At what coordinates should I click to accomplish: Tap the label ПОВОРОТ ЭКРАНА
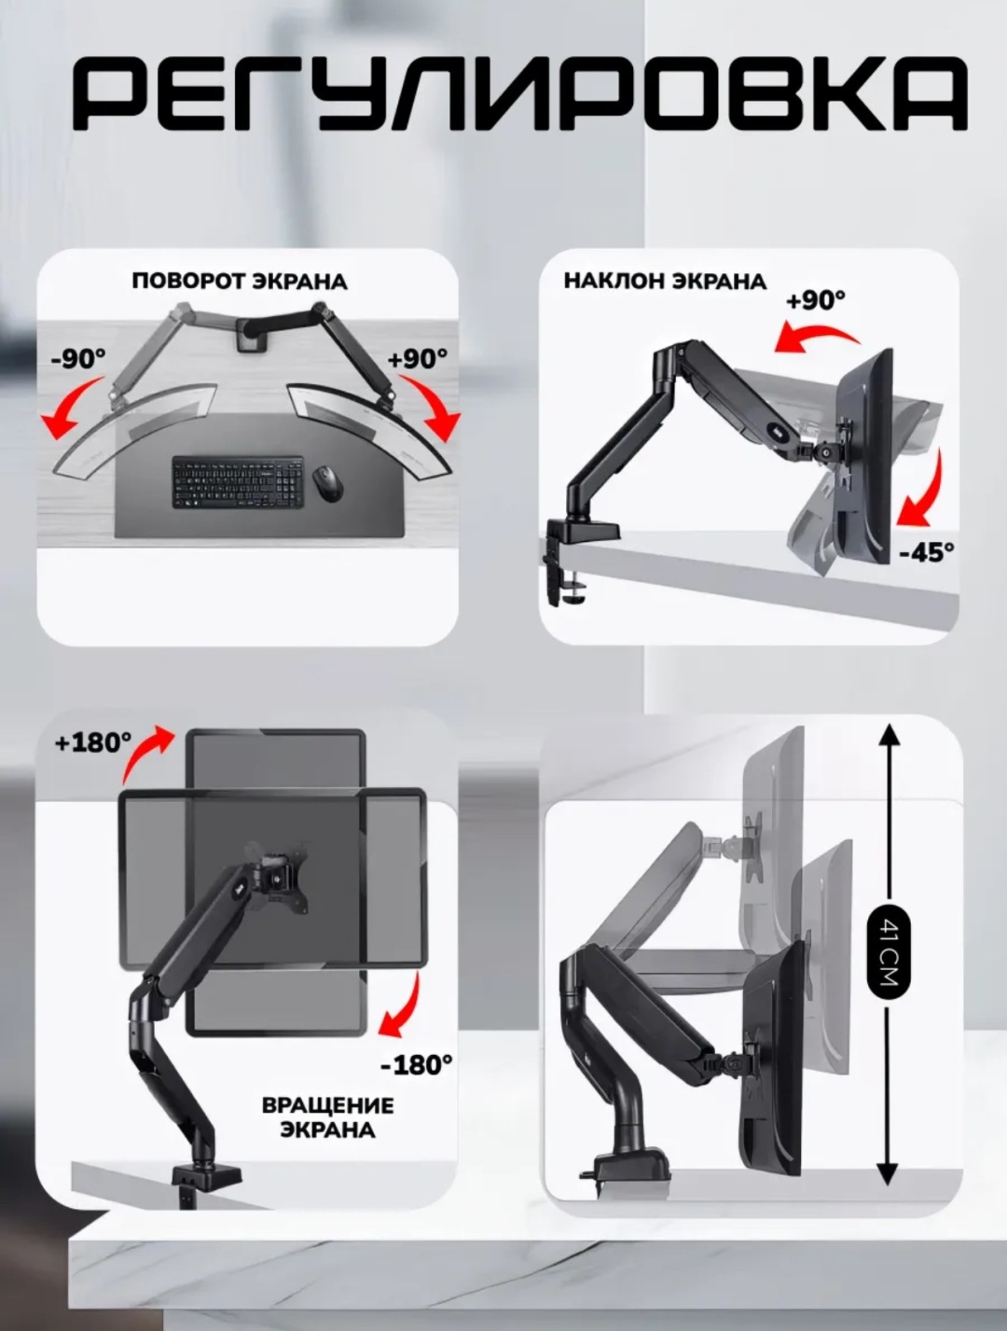(x=240, y=282)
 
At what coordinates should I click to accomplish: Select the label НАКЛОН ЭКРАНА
(x=666, y=282)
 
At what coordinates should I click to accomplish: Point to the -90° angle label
(x=78, y=359)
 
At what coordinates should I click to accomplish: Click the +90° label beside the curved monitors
(x=418, y=359)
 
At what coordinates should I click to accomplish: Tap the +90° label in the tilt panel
(x=816, y=300)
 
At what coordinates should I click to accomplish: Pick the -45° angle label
(x=927, y=552)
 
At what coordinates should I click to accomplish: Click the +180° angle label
(x=92, y=742)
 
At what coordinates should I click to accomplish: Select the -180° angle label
(x=417, y=1065)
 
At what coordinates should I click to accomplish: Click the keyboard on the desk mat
(x=238, y=482)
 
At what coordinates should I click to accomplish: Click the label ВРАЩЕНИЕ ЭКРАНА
(x=328, y=1117)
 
